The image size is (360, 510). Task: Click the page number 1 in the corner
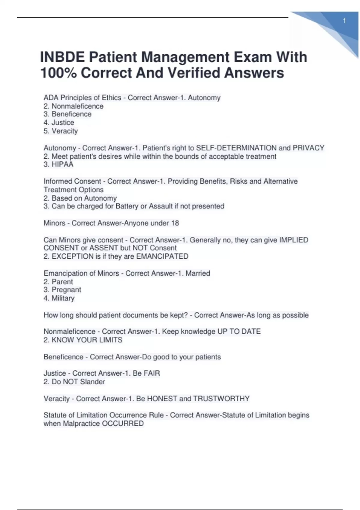[344, 21]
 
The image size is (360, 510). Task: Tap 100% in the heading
[58, 73]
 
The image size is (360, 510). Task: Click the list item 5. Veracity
[61, 131]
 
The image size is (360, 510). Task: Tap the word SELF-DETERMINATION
[236, 148]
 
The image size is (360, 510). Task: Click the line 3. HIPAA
[58, 164]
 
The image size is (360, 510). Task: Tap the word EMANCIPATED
[162, 256]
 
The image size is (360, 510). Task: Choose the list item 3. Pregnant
[62, 290]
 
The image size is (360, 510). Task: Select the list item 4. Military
[59, 298]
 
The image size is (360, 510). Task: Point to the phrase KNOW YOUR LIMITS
[87, 340]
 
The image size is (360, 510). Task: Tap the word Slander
[92, 382]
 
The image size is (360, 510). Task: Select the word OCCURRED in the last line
[123, 424]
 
